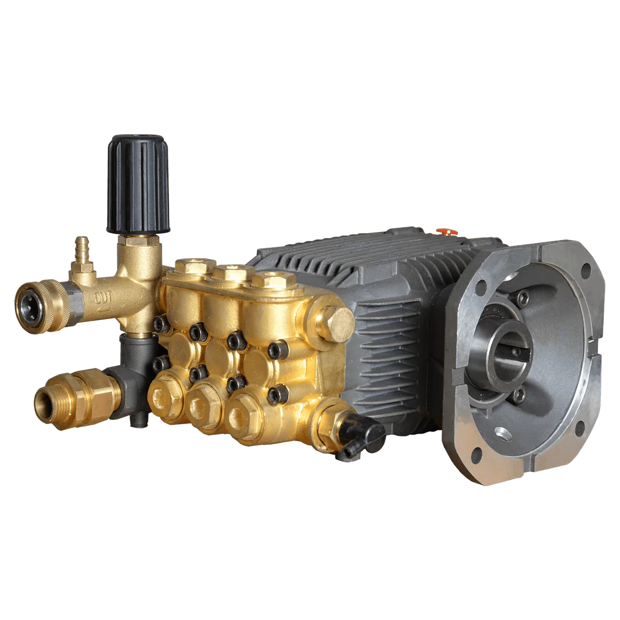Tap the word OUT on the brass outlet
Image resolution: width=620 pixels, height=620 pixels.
coord(103,298)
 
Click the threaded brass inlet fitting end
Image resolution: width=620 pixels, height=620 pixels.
coord(48,402)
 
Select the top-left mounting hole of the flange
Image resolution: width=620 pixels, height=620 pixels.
coord(481,285)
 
